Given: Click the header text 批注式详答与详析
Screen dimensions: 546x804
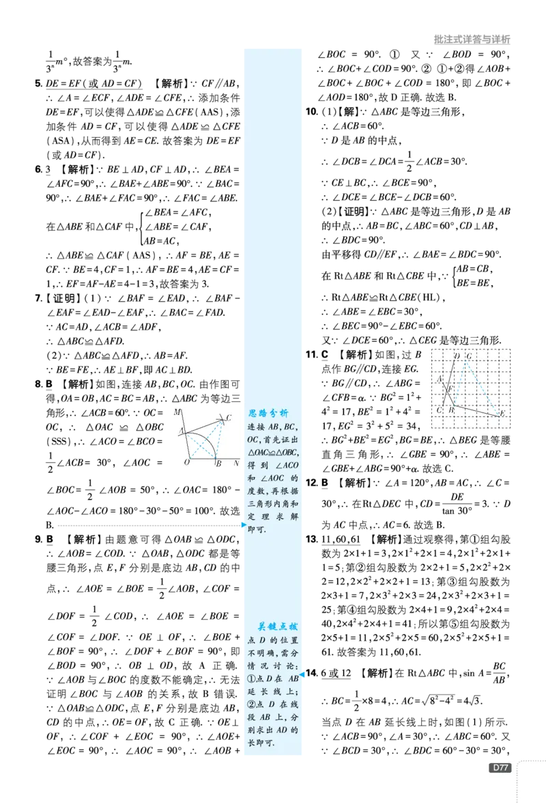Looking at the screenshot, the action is point(472,40).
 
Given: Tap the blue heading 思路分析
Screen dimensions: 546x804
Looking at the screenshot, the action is point(268,413).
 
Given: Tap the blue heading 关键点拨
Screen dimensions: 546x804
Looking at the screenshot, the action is point(277,627).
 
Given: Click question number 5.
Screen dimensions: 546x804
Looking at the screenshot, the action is point(38,83).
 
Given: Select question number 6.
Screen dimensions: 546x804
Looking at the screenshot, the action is point(38,169).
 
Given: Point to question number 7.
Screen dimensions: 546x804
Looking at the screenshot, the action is point(38,298).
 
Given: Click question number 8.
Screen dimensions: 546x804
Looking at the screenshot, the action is point(38,384).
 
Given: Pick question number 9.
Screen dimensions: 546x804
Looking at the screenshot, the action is point(38,539).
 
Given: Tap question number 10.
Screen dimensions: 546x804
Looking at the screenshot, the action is point(312,111).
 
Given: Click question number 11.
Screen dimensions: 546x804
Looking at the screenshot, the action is point(311,354).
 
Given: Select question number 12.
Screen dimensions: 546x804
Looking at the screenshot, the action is point(311,483).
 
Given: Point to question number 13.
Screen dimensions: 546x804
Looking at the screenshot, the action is point(312,539).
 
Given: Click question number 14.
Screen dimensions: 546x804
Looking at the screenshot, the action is point(312,673).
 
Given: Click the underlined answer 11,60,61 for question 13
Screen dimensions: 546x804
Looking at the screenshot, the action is point(341,539).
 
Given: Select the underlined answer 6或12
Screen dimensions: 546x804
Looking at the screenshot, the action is point(336,674).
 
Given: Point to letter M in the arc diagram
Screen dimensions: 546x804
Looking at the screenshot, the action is point(177,412).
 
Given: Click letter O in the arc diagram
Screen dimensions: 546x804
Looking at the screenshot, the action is point(186,462).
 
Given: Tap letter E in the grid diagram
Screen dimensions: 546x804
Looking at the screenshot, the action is point(502,414).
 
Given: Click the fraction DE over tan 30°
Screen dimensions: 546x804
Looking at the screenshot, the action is point(457,504).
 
